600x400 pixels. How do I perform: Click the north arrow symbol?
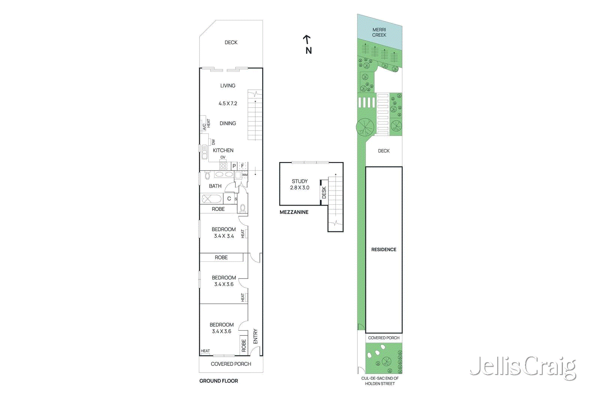click(x=307, y=39)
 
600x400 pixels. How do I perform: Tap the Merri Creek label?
click(x=379, y=32)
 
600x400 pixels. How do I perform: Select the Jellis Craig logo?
click(x=523, y=366)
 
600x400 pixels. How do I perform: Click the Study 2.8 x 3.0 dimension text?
click(x=300, y=187)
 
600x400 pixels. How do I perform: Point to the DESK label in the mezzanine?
click(x=324, y=193)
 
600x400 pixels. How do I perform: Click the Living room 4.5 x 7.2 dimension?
click(x=228, y=103)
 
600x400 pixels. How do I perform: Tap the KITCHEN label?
click(x=223, y=150)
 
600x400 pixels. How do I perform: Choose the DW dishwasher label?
click(x=213, y=142)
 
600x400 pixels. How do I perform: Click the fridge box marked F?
click(x=243, y=166)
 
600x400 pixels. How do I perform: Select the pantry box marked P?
click(x=234, y=166)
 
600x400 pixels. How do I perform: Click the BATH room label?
click(x=215, y=186)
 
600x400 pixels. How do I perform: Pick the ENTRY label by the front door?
click(x=255, y=336)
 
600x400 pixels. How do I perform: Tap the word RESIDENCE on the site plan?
click(x=384, y=250)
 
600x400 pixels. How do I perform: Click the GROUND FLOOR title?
click(x=219, y=381)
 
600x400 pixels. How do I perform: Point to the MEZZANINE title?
click(x=294, y=212)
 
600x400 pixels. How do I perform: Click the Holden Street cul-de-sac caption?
click(x=380, y=381)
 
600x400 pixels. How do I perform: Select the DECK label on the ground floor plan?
click(x=231, y=42)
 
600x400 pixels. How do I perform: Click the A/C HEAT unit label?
click(x=206, y=125)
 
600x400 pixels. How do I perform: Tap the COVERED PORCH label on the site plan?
click(x=384, y=338)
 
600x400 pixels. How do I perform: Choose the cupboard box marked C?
click(x=229, y=199)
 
